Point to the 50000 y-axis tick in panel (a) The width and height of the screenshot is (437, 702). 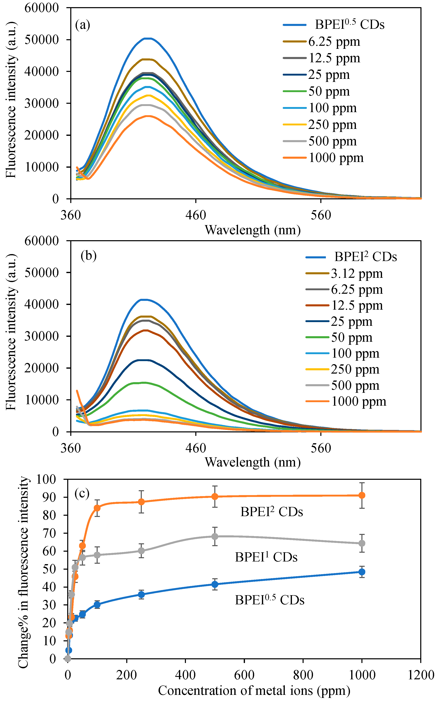[42, 40]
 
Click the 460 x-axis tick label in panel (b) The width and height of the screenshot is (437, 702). [196, 448]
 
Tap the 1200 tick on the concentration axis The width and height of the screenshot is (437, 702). [420, 675]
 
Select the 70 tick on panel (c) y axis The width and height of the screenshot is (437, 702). [49, 533]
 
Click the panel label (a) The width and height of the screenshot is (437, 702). [82, 25]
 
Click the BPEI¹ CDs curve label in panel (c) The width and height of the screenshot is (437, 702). [266, 557]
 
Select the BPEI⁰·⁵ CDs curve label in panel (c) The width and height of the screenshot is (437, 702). [269, 600]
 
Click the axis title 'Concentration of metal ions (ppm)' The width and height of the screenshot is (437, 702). [254, 690]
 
